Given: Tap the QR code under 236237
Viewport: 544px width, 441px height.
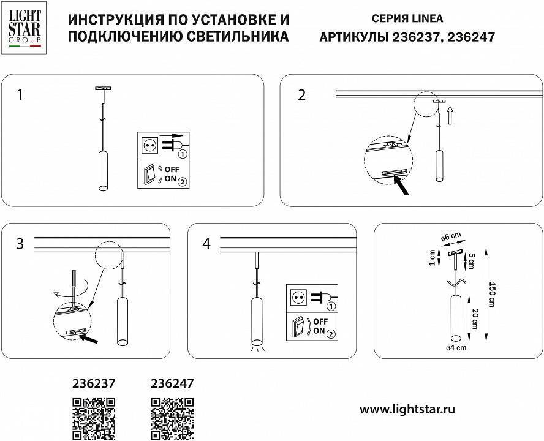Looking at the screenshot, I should [x=94, y=417].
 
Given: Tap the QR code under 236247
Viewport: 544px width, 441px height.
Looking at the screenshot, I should [x=172, y=417].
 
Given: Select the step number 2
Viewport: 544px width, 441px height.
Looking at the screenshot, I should [x=301, y=95].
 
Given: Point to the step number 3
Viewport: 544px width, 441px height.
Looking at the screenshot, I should [x=21, y=244].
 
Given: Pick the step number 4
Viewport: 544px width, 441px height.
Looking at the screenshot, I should [x=206, y=244].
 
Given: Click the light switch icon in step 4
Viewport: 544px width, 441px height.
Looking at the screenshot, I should [x=300, y=326].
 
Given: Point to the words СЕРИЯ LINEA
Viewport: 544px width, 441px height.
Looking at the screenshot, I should [x=407, y=19].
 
